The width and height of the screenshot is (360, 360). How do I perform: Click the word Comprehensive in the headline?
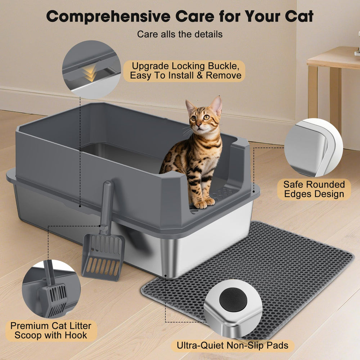[108, 16]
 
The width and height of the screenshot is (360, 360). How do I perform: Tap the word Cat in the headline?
[299, 16]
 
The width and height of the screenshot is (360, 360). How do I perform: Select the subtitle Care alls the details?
[180, 34]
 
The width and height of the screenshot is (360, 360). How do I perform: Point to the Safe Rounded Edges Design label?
[314, 189]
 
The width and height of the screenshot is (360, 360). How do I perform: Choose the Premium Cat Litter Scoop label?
[51, 330]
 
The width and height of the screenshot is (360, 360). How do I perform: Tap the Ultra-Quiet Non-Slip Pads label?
[232, 346]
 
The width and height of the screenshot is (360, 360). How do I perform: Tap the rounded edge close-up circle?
[314, 148]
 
